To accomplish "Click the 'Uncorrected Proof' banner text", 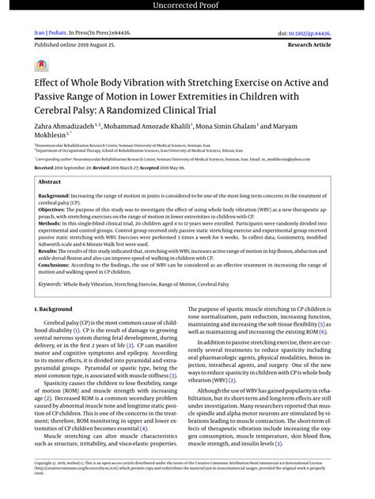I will click(x=187, y=7).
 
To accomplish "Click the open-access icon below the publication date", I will click(x=40, y=64).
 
